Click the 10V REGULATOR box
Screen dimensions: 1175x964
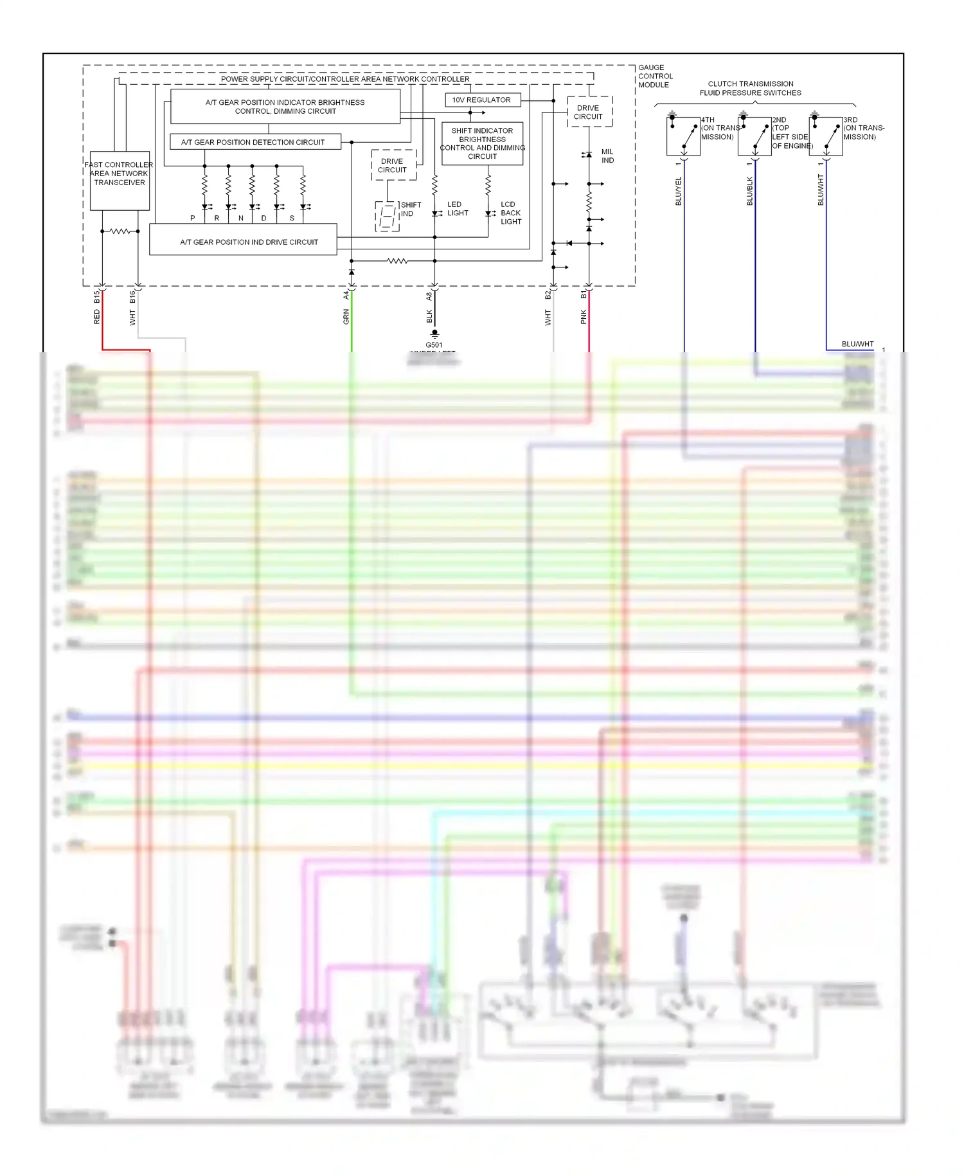click(482, 100)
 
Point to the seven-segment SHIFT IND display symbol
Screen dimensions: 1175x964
click(387, 216)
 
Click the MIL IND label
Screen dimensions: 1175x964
click(607, 156)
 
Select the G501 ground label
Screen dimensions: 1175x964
click(434, 345)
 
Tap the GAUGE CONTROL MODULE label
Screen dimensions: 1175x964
click(655, 76)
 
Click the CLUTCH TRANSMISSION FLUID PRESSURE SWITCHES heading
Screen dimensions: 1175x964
click(750, 89)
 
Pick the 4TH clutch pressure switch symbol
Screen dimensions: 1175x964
click(683, 136)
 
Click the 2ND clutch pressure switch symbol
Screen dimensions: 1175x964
click(754, 136)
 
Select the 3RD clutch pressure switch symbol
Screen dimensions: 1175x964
click(826, 136)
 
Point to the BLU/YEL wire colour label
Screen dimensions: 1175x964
click(679, 192)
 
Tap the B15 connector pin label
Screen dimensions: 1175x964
click(97, 297)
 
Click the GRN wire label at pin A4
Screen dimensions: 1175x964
click(346, 316)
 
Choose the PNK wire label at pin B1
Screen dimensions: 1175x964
click(584, 316)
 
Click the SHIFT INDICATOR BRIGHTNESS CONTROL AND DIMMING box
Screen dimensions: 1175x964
click(482, 143)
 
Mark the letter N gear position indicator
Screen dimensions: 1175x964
click(241, 219)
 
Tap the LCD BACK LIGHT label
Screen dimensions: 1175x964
click(511, 213)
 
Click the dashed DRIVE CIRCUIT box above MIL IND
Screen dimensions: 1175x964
click(589, 112)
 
